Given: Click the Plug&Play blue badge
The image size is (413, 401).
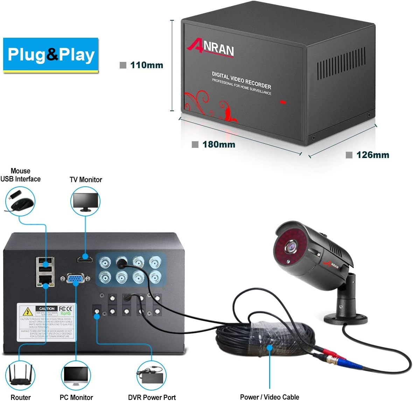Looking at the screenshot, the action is coord(51,55).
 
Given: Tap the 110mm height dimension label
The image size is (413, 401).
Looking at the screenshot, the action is coord(146,65).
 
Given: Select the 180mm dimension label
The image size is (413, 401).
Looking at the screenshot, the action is coord(218,144).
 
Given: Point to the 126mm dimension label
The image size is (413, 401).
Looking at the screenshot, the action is coord(372,155).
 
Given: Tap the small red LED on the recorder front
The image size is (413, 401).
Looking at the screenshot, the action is coord(283,102).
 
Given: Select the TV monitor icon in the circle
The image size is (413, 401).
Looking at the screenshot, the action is coord(85,202).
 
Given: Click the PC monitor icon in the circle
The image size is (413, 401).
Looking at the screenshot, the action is coord(76,376).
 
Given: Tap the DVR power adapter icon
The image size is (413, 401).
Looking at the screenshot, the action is coord(151,376).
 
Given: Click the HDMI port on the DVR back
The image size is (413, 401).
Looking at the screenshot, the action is coord(85,259).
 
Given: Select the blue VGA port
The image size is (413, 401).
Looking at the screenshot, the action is coord(76,279).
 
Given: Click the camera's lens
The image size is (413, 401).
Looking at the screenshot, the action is coord(291,246).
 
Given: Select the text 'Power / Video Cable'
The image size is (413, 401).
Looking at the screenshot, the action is coord(269,397).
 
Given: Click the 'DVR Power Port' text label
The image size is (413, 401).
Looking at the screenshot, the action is coord(152,397).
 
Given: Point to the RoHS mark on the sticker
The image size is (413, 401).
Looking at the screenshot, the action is coord(65,314).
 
